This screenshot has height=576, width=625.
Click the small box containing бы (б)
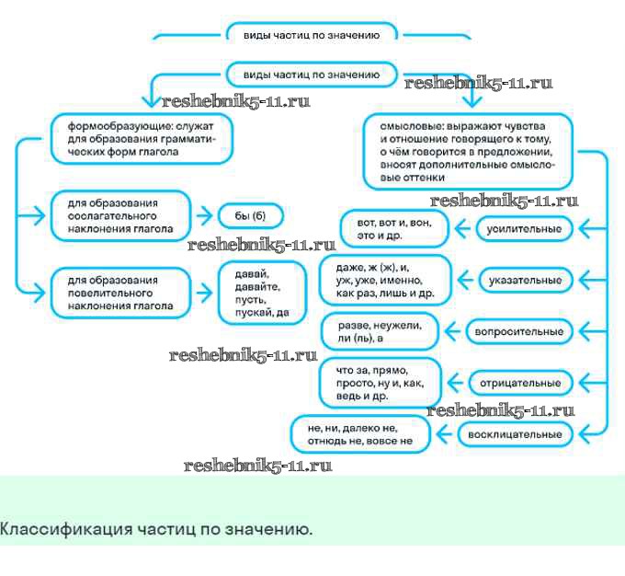(x=249, y=215)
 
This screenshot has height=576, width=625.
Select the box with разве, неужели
(x=378, y=330)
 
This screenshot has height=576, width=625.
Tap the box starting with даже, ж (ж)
(x=386, y=279)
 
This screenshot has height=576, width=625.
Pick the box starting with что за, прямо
(x=379, y=382)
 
